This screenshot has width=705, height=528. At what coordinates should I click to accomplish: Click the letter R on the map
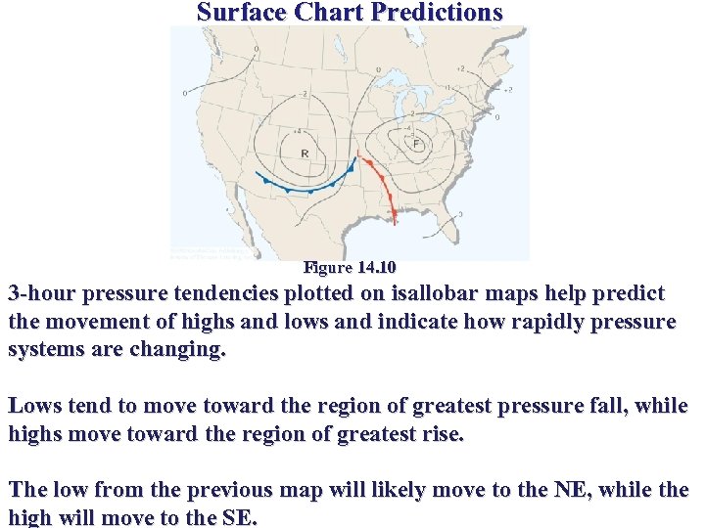305,154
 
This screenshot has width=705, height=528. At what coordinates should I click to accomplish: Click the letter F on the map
416,144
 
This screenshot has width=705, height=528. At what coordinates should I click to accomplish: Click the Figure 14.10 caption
350,267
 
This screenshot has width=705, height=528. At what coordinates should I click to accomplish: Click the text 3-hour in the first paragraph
42,294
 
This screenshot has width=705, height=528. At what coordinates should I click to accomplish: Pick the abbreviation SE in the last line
238,518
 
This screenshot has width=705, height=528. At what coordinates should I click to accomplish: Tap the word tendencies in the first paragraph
222,294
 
